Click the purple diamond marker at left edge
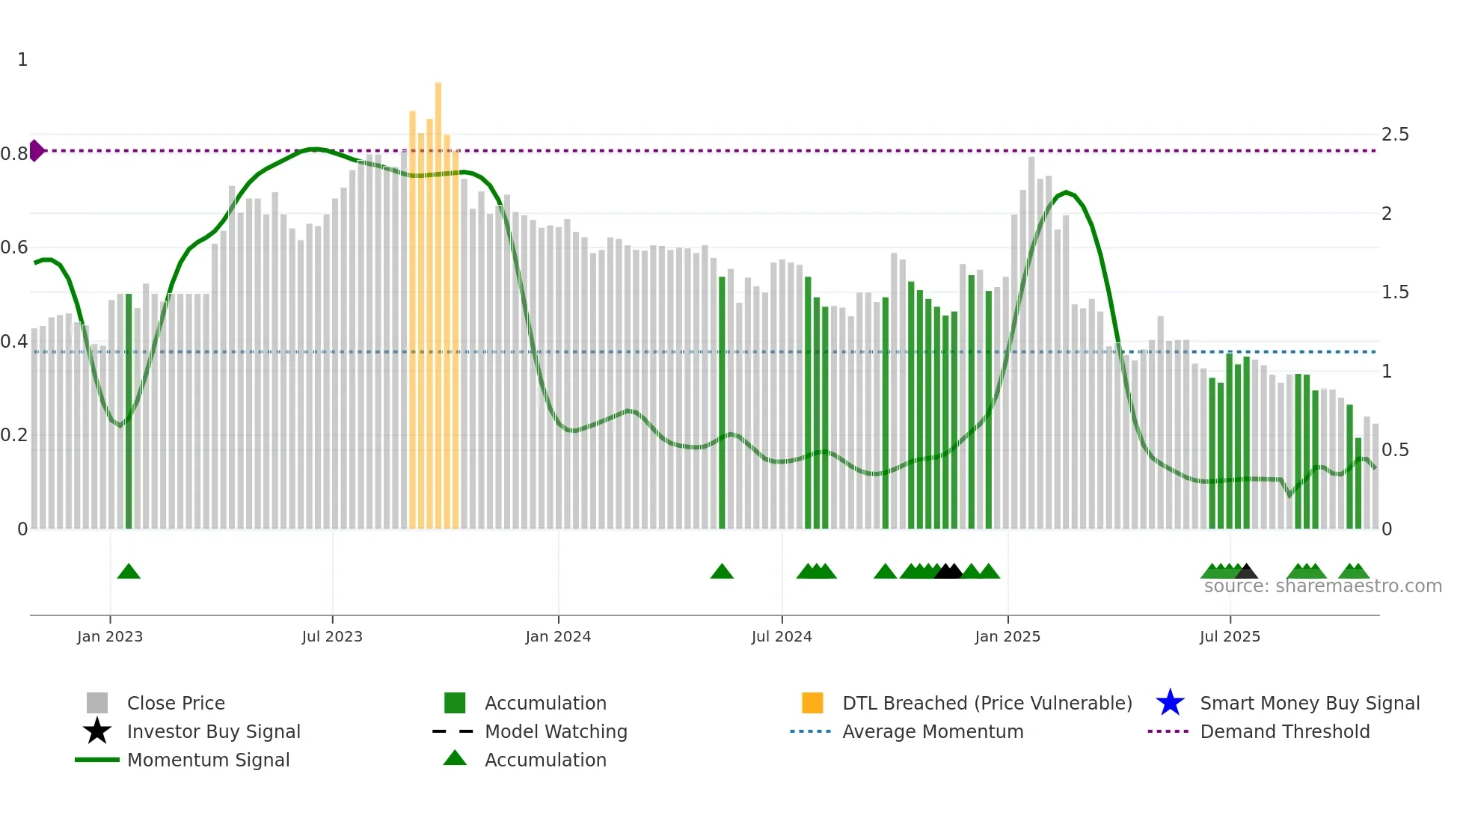pos(37,150)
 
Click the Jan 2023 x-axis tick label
pos(110,636)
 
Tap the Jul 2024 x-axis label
pos(782,636)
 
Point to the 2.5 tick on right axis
pos(1395,135)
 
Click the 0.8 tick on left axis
pos(14,154)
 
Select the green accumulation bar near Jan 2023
pos(129,411)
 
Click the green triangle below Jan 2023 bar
pos(129,572)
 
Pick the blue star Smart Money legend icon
pos(1170,703)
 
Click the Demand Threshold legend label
pos(1284,731)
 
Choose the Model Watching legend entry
pos(556,731)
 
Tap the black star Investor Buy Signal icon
pos(97,731)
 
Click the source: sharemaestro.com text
pos(1322,586)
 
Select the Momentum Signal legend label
pos(208,760)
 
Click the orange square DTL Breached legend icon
pos(812,703)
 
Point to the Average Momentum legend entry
pos(933,731)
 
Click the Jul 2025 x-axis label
pos(1230,636)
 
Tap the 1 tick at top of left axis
pos(22,60)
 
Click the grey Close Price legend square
pos(97,703)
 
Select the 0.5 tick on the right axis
pos(1395,450)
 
